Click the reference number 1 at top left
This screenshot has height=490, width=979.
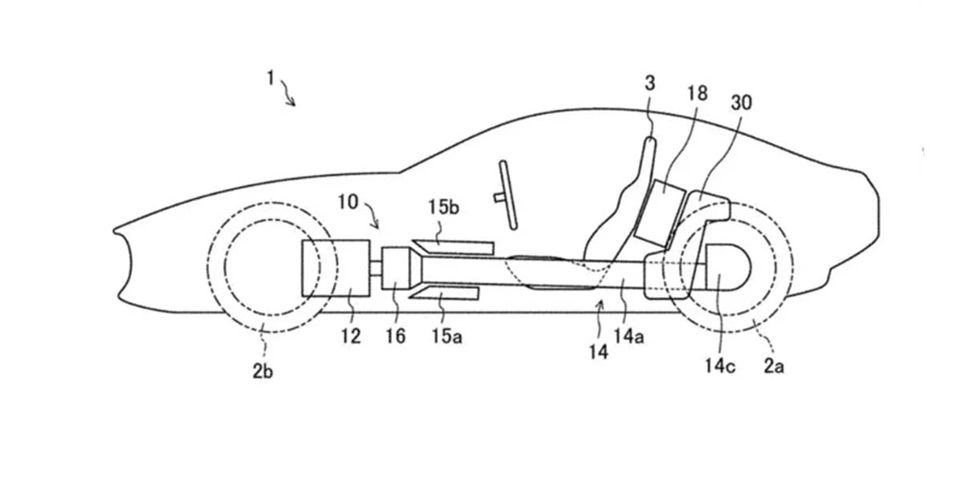271,79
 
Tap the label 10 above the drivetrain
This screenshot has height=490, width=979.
348,202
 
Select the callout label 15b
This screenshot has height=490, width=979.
443,207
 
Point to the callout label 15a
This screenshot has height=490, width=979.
447,336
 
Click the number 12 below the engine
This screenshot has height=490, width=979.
351,336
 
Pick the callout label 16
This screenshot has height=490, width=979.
396,336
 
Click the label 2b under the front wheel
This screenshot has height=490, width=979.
263,371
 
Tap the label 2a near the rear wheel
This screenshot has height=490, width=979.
774,366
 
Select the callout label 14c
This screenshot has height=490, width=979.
719,366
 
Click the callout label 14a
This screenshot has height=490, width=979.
629,336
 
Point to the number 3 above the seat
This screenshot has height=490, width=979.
650,83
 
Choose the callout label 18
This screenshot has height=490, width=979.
697,93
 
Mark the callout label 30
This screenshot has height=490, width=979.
742,103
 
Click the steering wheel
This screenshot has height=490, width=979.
508,195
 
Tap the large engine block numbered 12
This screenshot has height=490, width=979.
336,268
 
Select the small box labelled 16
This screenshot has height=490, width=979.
395,268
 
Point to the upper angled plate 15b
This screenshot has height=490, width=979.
454,247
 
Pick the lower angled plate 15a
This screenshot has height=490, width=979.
445,294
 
